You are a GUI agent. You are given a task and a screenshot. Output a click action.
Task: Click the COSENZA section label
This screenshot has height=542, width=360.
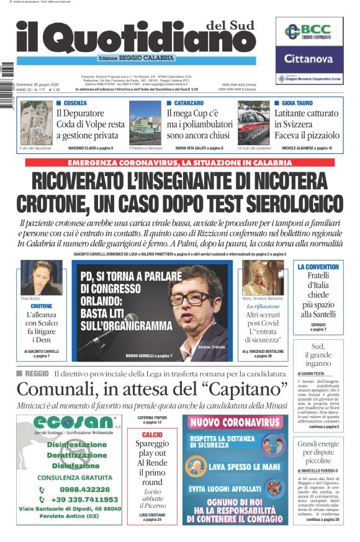74,102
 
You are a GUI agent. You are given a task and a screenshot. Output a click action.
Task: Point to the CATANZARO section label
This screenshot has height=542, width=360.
188,102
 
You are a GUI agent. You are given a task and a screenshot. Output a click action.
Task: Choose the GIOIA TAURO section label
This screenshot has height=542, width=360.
297,102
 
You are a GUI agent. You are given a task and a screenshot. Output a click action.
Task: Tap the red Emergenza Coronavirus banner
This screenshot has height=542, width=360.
181,162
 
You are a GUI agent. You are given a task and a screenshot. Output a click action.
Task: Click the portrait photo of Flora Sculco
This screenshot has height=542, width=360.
41,277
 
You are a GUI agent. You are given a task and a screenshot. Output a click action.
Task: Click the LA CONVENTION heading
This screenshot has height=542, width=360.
318,267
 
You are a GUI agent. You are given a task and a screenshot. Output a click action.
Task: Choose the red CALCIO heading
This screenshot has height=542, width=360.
152,435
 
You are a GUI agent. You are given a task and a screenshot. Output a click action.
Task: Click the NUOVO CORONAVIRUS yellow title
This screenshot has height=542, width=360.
235,422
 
